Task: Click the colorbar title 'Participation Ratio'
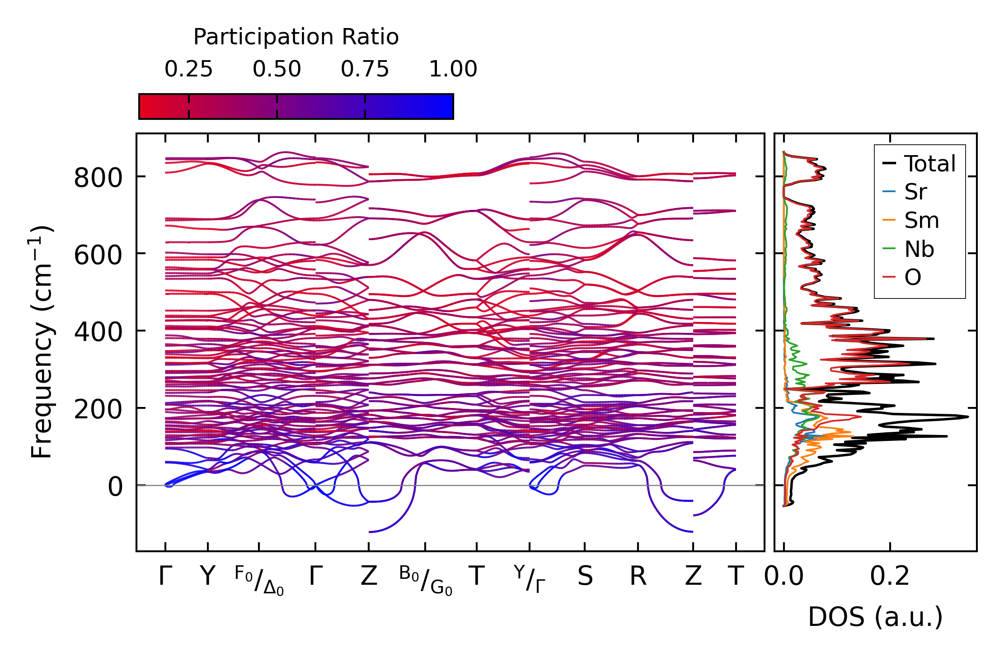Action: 296,37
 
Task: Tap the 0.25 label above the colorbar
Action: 188,69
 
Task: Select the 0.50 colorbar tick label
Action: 277,69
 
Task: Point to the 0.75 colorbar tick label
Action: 365,69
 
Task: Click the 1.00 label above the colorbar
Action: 453,69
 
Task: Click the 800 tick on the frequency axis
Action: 98,178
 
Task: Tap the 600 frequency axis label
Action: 98,255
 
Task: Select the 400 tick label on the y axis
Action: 98,332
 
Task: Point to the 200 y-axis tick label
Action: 98,409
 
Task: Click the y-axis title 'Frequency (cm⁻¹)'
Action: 42,342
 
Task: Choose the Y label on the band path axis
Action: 207,576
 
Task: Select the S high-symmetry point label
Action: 585,576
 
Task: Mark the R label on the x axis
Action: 638,576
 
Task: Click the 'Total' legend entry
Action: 929,164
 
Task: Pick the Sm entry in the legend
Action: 921,221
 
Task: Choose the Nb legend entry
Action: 919,249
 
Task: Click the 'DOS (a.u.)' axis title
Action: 875,617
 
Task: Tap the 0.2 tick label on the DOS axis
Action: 890,576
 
